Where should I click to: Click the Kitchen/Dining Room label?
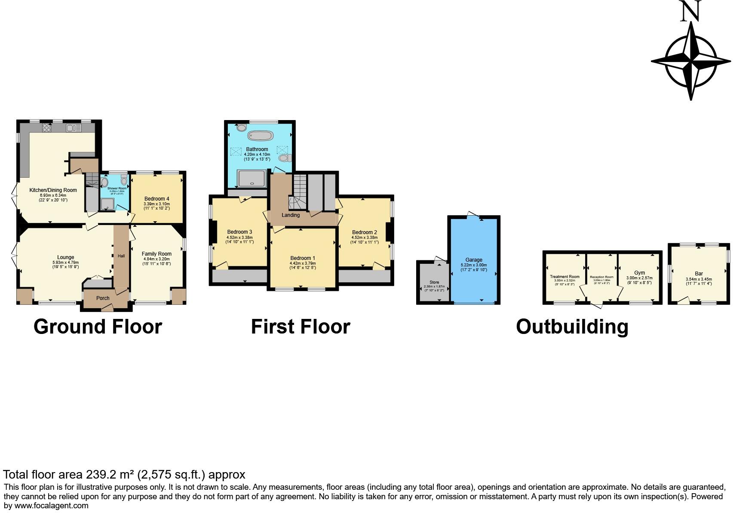(x=53, y=190)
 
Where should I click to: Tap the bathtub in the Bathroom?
(x=260, y=136)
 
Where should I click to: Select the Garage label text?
(x=474, y=260)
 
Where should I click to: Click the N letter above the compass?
(x=690, y=12)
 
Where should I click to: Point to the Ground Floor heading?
(x=98, y=327)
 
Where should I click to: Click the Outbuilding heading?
(x=572, y=327)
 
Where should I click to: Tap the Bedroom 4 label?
(x=156, y=199)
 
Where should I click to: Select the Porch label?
(x=103, y=298)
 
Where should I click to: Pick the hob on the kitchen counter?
(x=47, y=128)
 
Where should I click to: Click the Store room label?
(x=434, y=282)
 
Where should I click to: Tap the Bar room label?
(x=699, y=274)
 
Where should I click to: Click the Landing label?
(x=291, y=215)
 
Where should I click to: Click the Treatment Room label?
(x=564, y=277)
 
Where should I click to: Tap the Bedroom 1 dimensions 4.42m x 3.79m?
(x=303, y=263)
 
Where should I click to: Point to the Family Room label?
(x=156, y=254)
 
